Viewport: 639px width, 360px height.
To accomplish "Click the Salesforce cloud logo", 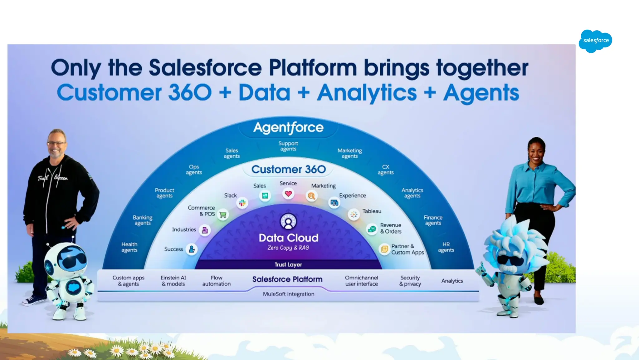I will [x=595, y=41].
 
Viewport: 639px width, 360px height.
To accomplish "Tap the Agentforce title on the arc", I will [x=288, y=127].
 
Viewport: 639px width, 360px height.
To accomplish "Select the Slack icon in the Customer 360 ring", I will [x=242, y=203].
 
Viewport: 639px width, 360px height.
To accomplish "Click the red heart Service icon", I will [x=288, y=194].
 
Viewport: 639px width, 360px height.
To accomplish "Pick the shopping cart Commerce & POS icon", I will [x=223, y=215].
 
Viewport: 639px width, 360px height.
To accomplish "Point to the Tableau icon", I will [x=354, y=215].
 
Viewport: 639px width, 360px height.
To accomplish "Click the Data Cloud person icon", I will [x=288, y=222].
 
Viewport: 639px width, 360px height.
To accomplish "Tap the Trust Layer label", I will [x=288, y=265].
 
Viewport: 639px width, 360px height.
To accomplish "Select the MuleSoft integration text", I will [x=289, y=294].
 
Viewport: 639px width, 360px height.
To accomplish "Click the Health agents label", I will [x=129, y=247].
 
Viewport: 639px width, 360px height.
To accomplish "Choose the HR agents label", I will [x=446, y=247].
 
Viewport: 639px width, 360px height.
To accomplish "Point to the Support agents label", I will [x=288, y=146].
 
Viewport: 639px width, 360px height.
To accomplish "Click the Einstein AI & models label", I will [x=173, y=281].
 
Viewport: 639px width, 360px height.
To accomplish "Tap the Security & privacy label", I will [x=410, y=281].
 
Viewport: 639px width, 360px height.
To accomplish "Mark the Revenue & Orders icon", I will [x=372, y=229].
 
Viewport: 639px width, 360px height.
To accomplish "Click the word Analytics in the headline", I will [x=367, y=93].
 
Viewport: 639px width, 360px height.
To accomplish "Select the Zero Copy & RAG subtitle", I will [x=288, y=248].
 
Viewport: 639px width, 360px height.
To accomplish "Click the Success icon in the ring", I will [x=192, y=249].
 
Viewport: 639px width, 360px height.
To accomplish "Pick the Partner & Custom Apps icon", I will [x=384, y=249].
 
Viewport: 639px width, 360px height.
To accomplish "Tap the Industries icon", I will [x=205, y=230].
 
